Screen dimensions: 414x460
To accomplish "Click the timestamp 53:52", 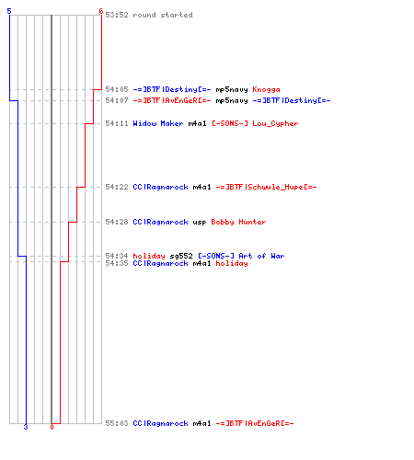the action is pyautogui.click(x=117, y=15).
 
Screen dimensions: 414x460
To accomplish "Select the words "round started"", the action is pyautogui.click(x=163, y=15).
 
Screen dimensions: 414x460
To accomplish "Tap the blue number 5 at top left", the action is pyautogui.click(x=9, y=11).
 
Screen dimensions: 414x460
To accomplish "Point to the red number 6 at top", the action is pyautogui.click(x=101, y=11).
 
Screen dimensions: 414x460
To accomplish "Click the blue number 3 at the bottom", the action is pyautogui.click(x=26, y=427).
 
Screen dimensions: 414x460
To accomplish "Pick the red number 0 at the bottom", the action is pyautogui.click(x=52, y=427).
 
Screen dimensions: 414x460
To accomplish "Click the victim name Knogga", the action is pyautogui.click(x=266, y=89).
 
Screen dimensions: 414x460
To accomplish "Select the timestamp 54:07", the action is pyautogui.click(x=117, y=100).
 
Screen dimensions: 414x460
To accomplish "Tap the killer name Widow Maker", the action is pyautogui.click(x=158, y=123).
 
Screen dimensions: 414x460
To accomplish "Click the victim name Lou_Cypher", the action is pyautogui.click(x=275, y=123).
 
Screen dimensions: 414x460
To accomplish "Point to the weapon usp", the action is pyautogui.click(x=200, y=222).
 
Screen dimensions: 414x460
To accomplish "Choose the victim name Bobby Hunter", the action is pyautogui.click(x=238, y=222).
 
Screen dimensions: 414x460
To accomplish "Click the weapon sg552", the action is pyautogui.click(x=181, y=256).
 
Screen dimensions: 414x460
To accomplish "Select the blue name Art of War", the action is pyautogui.click(x=261, y=256).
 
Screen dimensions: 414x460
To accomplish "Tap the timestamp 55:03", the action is pyautogui.click(x=117, y=423).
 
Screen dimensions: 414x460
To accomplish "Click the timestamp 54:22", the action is pyautogui.click(x=117, y=187).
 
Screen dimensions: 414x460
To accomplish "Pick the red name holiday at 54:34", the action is pyautogui.click(x=149, y=256).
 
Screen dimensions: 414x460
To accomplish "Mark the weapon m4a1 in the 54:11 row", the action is pyautogui.click(x=197, y=123).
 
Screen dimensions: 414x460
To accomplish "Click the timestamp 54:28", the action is pyautogui.click(x=117, y=222).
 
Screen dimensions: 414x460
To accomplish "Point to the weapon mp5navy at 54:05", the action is pyautogui.click(x=232, y=90).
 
